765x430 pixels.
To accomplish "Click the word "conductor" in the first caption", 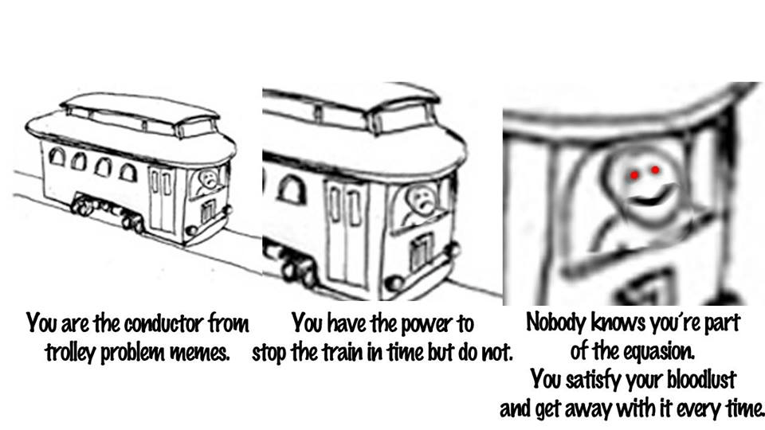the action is [x=163, y=324].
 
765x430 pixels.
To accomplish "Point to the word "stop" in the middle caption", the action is [x=269, y=353].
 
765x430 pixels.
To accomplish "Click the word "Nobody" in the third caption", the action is [x=556, y=322].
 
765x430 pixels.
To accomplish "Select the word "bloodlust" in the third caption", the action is [x=701, y=379].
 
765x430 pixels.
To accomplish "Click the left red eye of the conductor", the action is [x=634, y=174].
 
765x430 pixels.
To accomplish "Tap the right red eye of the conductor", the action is [x=655, y=170].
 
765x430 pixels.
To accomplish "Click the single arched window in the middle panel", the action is [x=292, y=190].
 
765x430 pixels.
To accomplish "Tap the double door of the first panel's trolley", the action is [x=162, y=199].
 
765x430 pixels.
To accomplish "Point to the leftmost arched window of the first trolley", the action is [x=57, y=157].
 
